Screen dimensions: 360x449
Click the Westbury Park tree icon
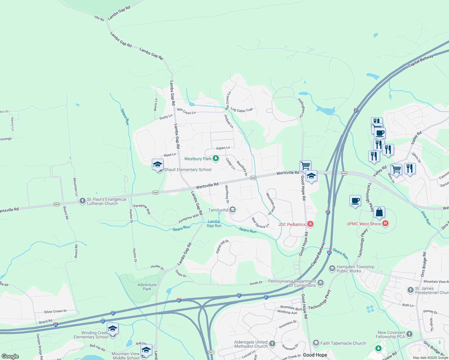click(215, 158)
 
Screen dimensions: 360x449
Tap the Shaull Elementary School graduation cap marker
click(158, 165)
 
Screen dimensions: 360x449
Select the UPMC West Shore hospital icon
click(386, 223)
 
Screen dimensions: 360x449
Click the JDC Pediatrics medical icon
click(310, 224)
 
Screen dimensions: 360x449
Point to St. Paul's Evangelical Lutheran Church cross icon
click(83, 201)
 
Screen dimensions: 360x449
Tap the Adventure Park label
click(147, 287)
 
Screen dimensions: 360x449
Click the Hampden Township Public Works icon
click(332, 268)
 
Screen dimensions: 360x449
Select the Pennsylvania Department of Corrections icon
click(321, 283)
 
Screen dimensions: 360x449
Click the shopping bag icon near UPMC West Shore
click(379, 212)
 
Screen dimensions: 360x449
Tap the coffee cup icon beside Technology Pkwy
click(355, 201)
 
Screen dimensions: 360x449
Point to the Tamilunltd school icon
click(233, 210)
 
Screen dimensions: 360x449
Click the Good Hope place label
click(315, 355)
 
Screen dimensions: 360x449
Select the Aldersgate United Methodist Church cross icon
click(272, 343)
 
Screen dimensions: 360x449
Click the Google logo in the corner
click(10, 356)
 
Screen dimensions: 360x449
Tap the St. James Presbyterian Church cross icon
click(410, 290)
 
